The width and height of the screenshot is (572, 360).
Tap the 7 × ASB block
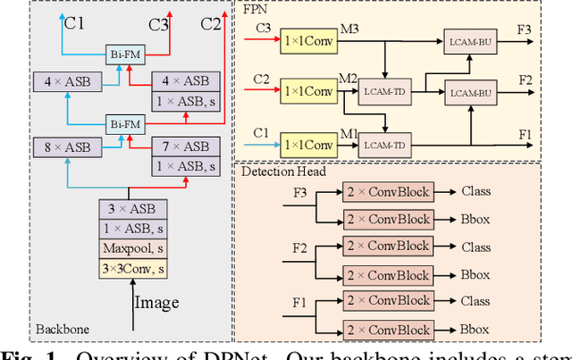[x=184, y=147]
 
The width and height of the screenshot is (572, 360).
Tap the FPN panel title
[x=256, y=13]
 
